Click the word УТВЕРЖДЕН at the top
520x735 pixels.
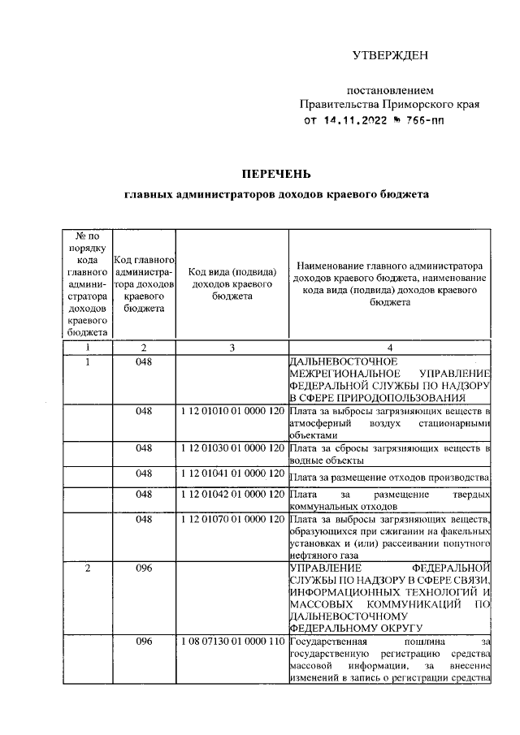pos(389,55)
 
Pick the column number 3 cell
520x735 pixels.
pos(232,348)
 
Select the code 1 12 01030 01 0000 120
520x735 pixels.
pos(232,448)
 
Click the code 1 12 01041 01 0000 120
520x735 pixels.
pos(232,473)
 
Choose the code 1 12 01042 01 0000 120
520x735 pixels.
pos(232,494)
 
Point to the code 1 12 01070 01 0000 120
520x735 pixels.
pos(232,518)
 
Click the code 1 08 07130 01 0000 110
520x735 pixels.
pos(232,642)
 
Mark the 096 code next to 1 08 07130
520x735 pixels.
pos(145,642)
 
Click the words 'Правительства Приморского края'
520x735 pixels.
pos(389,104)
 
